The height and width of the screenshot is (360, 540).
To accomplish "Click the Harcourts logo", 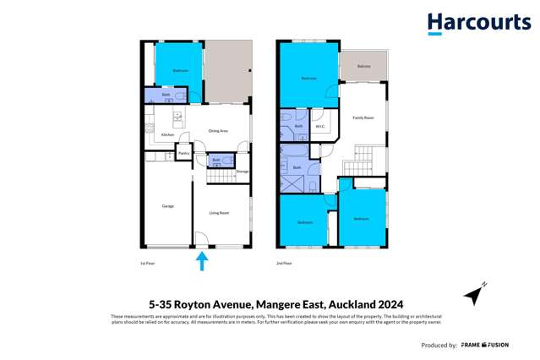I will pos(477,23).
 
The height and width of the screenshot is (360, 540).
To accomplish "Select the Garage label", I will pos(167,205).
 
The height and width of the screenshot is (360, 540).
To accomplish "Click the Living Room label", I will pos(218,213).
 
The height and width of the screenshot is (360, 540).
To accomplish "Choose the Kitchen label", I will pos(167,135).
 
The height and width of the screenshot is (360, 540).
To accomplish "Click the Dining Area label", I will pos(219,131).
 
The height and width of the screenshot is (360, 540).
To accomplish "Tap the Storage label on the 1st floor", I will pos(243,172).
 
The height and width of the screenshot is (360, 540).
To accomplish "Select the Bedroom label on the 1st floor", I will pos(181,71).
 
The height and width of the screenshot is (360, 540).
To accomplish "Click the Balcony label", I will pos(363,66).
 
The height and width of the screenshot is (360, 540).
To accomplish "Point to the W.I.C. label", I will pos(321,127).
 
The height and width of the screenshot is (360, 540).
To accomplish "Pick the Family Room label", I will pos(363,117).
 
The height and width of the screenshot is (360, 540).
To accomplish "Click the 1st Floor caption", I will pos(148,264).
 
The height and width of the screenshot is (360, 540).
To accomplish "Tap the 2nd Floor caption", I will pos(284,264).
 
